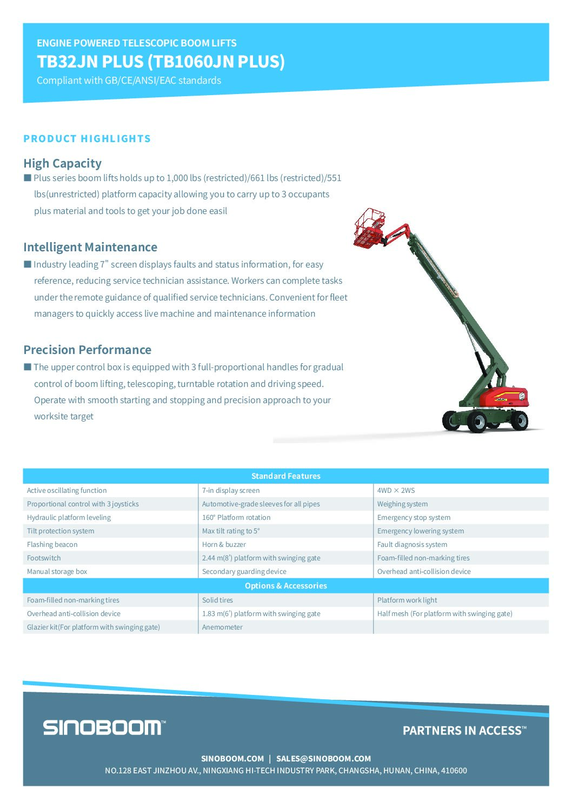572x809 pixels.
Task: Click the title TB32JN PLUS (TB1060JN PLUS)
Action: [161, 62]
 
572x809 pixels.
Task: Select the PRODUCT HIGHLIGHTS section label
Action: [87, 139]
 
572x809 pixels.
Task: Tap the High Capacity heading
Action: [62, 163]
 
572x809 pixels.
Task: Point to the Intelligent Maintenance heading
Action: [90, 247]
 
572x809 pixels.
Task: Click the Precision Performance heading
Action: [87, 350]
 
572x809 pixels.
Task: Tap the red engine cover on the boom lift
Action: [508, 398]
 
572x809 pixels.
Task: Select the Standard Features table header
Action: [285, 476]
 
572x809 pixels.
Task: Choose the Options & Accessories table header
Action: [285, 586]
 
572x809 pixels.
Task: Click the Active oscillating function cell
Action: [67, 491]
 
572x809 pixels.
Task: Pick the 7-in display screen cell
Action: [231, 491]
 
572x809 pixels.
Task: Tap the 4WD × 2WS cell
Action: [396, 491]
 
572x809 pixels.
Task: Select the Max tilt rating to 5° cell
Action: [231, 531]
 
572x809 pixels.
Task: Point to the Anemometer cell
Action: [222, 627]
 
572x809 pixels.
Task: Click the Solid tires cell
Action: [217, 600]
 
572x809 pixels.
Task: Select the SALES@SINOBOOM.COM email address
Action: [323, 759]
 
